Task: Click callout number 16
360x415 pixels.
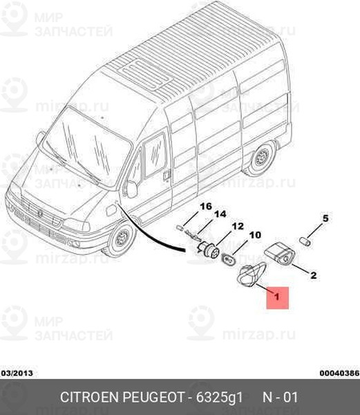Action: pos(206,206)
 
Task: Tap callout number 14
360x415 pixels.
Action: pos(220,214)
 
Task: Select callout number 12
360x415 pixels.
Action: pos(238,226)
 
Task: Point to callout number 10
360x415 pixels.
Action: pos(255,234)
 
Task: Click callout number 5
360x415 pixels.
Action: pos(325,219)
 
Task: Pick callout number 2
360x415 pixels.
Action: pos(313,275)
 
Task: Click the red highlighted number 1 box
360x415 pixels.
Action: pos(277,297)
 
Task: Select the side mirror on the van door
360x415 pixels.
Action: pos(131,189)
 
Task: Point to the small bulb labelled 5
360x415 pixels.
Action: pos(305,241)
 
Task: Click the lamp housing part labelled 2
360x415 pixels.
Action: pos(280,253)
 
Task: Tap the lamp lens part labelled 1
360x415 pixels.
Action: pos(249,275)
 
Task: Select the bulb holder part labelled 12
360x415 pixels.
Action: pos(208,249)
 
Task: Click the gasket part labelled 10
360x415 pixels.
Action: pos(228,258)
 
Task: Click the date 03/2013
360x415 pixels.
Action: pos(17,373)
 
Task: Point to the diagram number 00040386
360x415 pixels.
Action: pos(340,373)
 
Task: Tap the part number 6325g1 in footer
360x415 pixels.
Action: pos(219,397)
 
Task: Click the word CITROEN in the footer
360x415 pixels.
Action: pos(90,397)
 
